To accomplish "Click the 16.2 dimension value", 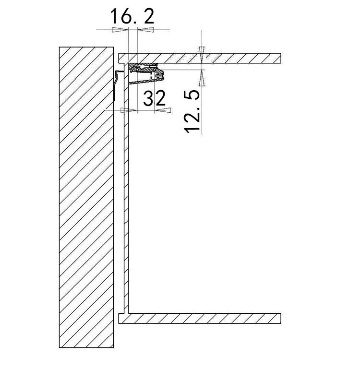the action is point(132,16).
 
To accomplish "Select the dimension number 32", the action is point(155,98).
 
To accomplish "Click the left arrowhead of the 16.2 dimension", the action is point(120,30).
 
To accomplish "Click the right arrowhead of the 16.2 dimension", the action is point(146,30).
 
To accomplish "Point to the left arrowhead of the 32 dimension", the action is point(128,110).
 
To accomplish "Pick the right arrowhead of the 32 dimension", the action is point(163,110).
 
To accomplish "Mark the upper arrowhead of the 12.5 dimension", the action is point(202,55).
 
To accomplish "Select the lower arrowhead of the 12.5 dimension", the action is point(202,78).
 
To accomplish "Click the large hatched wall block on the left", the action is point(86,197).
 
